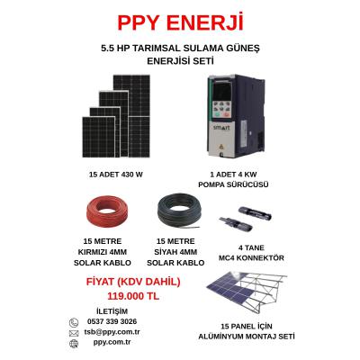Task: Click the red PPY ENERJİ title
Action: [180, 22]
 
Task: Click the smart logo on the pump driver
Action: [221, 128]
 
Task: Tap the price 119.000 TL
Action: [133, 296]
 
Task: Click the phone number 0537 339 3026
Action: [112, 321]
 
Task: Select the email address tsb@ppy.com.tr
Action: [112, 332]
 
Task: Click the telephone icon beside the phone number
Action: [74, 323]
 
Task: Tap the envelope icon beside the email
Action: [74, 333]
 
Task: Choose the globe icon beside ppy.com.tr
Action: [74, 344]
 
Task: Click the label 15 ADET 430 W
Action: [115, 175]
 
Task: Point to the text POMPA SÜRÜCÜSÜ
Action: [233, 184]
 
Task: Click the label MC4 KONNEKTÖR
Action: [251, 257]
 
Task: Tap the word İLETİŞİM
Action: [112, 311]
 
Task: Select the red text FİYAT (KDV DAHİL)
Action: [133, 282]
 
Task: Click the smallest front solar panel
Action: [99, 137]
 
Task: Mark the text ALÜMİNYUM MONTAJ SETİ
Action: [247, 337]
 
